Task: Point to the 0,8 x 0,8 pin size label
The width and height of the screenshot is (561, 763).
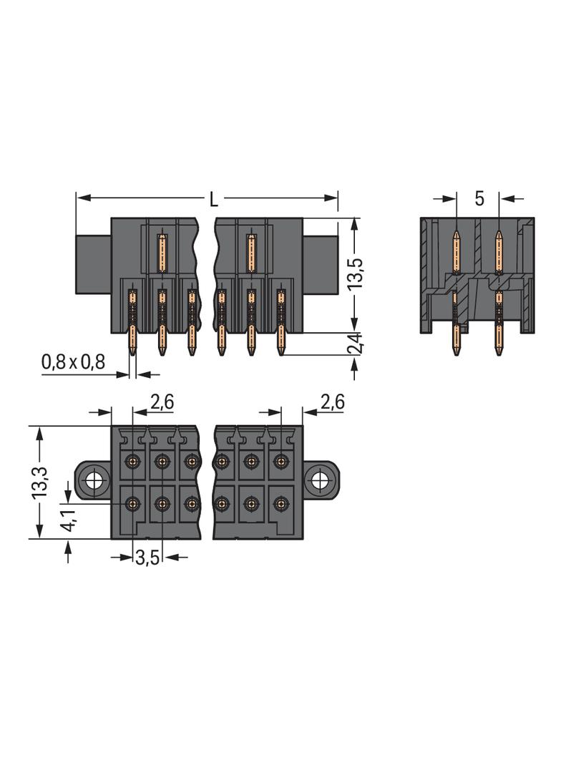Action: coord(73,362)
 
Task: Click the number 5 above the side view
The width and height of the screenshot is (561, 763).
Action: coord(479,198)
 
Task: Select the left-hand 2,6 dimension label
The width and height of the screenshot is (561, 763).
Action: coord(162,402)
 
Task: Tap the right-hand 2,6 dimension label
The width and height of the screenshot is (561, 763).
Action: coord(332,402)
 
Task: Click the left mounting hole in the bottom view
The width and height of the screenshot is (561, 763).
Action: coord(92,482)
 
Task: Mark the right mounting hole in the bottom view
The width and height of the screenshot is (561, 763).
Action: coord(320,482)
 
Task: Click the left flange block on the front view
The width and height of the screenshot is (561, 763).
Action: coord(94,266)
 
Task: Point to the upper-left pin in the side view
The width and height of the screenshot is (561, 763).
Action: coord(457,252)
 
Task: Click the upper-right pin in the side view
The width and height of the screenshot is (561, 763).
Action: coord(499,252)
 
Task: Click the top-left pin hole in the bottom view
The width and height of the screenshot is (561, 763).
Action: coord(132,461)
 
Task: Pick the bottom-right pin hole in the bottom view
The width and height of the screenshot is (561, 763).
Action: coord(280,504)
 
